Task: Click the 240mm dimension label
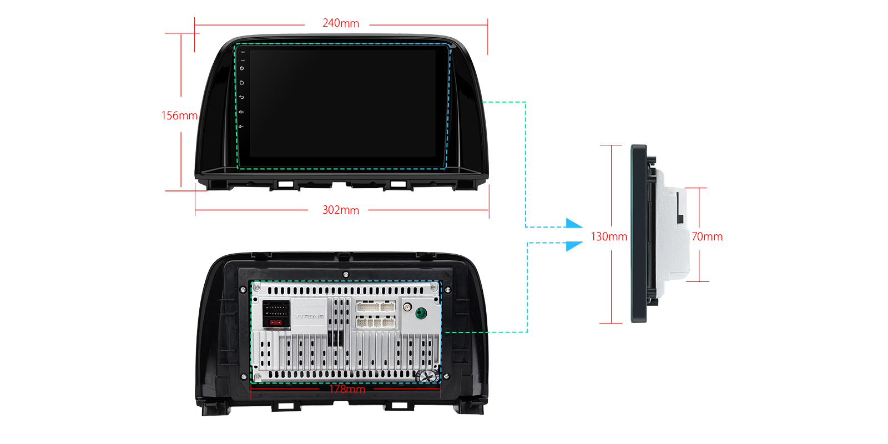click(340, 23)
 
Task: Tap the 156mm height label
click(179, 115)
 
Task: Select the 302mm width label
click(340, 210)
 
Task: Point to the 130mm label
click(609, 237)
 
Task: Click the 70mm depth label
click(707, 237)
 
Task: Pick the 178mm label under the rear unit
click(347, 389)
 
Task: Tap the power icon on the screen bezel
click(242, 68)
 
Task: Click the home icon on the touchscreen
click(242, 83)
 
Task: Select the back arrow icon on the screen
click(242, 97)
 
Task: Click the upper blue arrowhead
click(574, 224)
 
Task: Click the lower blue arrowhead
click(574, 245)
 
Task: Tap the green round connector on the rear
click(421, 314)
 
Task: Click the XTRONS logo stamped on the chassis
click(309, 316)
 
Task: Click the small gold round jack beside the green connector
click(407, 307)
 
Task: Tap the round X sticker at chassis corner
click(427, 376)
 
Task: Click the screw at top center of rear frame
click(346, 275)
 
